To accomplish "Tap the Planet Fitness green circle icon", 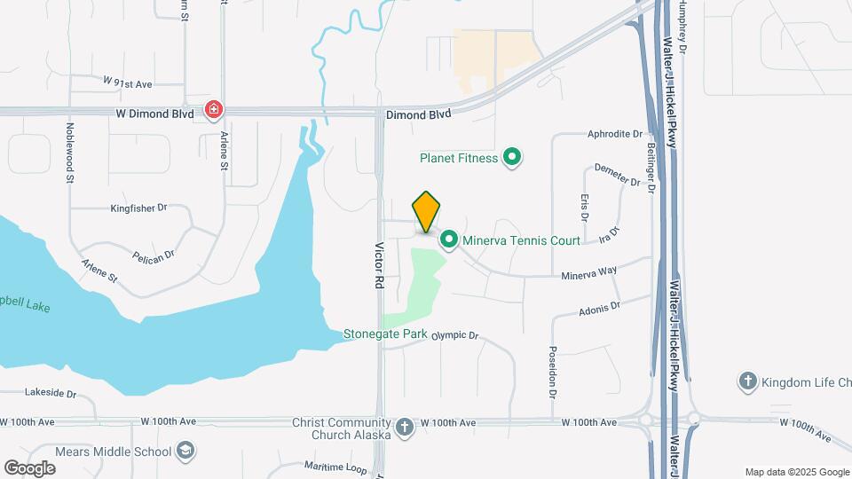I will point(511,159).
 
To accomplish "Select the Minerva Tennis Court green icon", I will point(449,239).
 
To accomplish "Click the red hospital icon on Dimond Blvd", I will point(214,111).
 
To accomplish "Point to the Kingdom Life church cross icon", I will point(747,382).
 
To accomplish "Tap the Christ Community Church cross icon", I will point(405,428).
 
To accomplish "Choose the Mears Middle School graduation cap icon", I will point(185,452).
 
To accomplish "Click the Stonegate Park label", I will point(385,334).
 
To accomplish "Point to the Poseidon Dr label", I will point(552,371).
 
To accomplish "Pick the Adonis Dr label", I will point(599,308).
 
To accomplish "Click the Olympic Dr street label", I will point(456,336).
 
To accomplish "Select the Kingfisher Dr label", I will point(138,208).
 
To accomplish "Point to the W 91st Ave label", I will point(128,82).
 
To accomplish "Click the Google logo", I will point(29,467).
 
